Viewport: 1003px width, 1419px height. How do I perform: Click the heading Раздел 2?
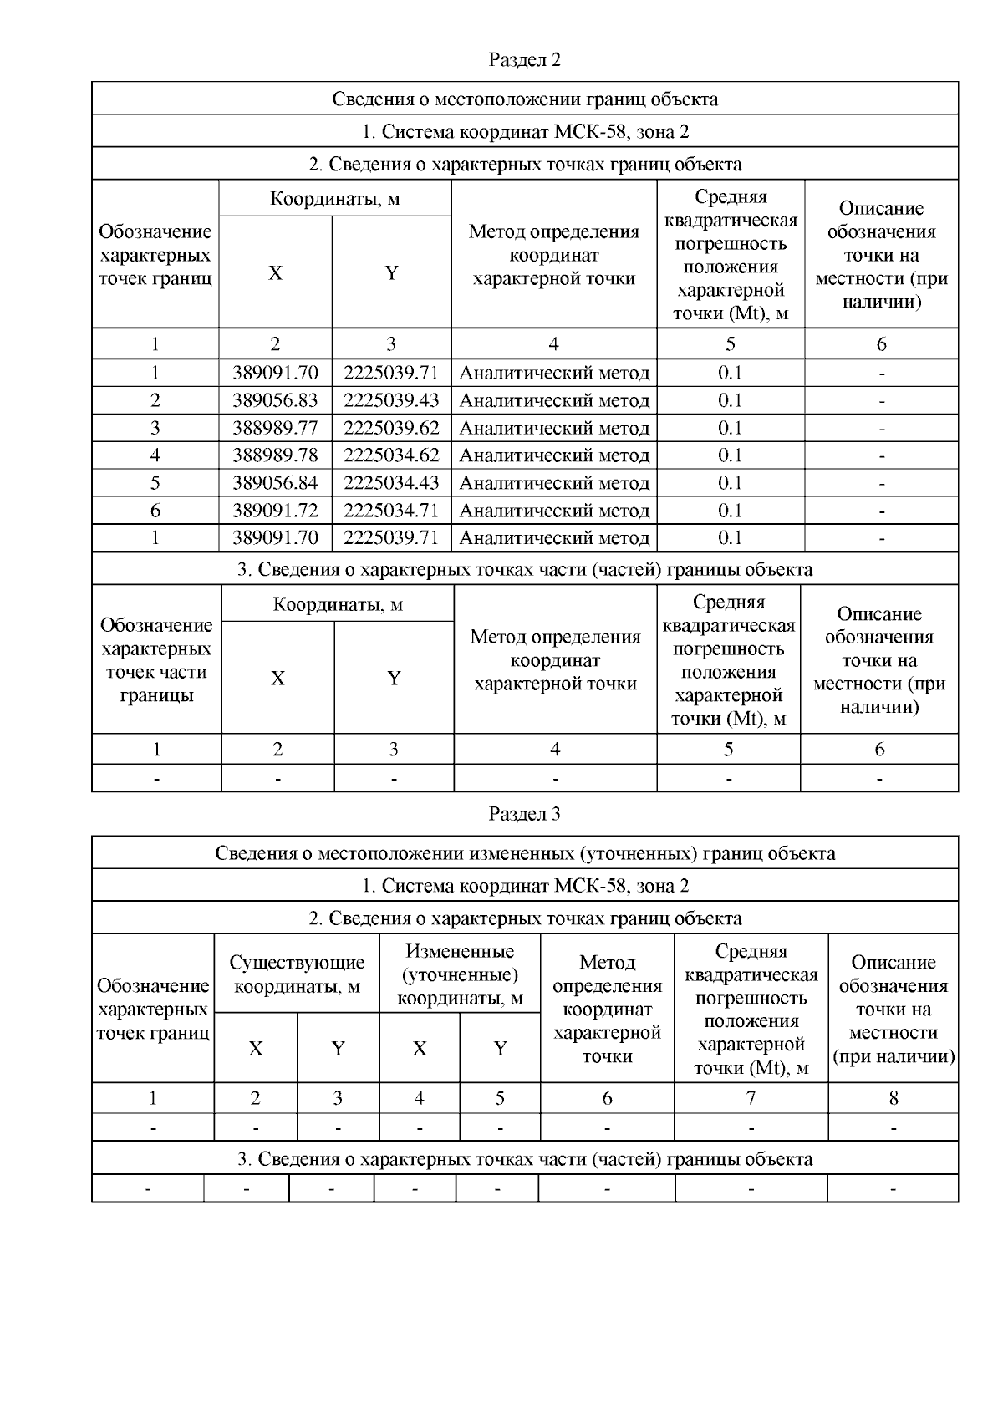click(524, 60)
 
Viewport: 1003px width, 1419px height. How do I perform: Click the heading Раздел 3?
click(524, 814)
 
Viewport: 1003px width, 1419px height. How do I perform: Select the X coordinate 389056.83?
click(275, 400)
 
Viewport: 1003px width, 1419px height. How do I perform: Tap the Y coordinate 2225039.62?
click(391, 428)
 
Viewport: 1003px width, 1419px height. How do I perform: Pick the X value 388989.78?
click(275, 455)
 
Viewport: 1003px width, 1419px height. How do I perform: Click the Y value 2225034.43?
click(391, 483)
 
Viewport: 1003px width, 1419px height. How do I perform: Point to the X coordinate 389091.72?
click(275, 510)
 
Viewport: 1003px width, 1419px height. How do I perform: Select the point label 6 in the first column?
click(155, 510)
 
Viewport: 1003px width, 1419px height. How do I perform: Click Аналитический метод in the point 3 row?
click(554, 428)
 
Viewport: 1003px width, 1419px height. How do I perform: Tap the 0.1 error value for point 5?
click(730, 483)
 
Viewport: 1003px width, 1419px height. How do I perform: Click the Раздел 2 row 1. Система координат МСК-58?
click(524, 131)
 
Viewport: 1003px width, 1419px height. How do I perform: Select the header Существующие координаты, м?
click(297, 974)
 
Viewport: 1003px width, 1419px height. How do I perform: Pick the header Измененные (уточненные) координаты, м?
click(460, 974)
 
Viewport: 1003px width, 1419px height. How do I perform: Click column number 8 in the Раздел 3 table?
click(893, 1098)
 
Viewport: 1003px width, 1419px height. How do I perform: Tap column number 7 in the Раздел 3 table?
click(751, 1098)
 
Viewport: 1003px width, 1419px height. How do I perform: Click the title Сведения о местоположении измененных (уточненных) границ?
click(524, 853)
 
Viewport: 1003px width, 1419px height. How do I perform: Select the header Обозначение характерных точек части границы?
click(156, 660)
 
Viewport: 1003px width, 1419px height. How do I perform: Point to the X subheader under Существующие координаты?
click(256, 1048)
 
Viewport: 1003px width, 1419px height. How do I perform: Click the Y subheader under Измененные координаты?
click(500, 1048)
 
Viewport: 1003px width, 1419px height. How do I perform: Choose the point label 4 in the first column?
click(155, 455)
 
